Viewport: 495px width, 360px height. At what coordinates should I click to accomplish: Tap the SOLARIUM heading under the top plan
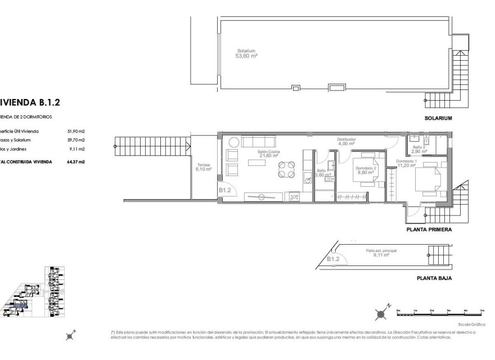click(x=439, y=119)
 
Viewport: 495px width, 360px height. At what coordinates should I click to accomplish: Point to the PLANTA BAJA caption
click(x=434, y=278)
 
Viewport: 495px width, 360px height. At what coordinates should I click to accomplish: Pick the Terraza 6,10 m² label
click(x=202, y=166)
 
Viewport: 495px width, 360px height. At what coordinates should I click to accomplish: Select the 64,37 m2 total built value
click(x=76, y=161)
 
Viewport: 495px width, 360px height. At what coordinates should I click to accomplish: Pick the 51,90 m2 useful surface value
click(x=76, y=130)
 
